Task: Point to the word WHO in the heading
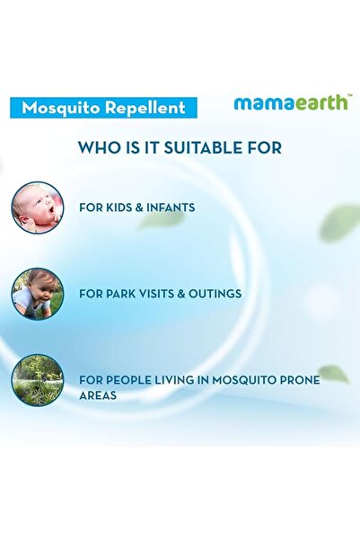[97, 147]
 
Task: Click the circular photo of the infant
[38, 208]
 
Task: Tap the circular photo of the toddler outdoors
[38, 293]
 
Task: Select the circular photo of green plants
[38, 379]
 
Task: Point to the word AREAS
[98, 394]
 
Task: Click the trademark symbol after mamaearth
[349, 95]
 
